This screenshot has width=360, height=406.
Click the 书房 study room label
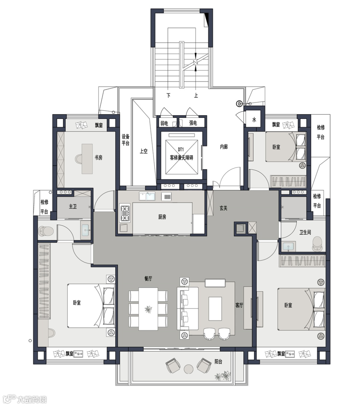coord(98,157)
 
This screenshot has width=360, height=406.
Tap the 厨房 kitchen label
coord(162,217)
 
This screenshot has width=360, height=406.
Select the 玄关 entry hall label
coord(223,208)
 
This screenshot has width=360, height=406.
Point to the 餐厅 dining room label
coord(148,278)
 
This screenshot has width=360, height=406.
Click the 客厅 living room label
coord(239,305)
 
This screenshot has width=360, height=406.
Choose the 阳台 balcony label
coord(218,362)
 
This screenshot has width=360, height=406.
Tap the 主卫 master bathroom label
coord(73,207)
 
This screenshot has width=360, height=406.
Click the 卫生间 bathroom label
coord(305,232)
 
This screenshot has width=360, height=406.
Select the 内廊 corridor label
coord(224,147)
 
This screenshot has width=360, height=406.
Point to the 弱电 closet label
coord(164,123)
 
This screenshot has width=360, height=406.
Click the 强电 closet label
coord(193,123)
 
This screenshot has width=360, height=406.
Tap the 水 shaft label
coord(254,120)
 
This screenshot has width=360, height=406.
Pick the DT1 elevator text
coord(181,149)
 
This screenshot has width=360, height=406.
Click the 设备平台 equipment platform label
coord(126,140)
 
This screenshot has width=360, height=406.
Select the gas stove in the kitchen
coord(125,213)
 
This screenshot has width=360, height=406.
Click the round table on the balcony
coord(188,369)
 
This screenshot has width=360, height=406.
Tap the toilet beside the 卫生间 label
coord(318,244)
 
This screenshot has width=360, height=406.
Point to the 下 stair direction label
coord(168,95)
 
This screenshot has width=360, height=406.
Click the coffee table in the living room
coord(215,309)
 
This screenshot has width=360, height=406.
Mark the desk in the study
coord(87,159)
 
